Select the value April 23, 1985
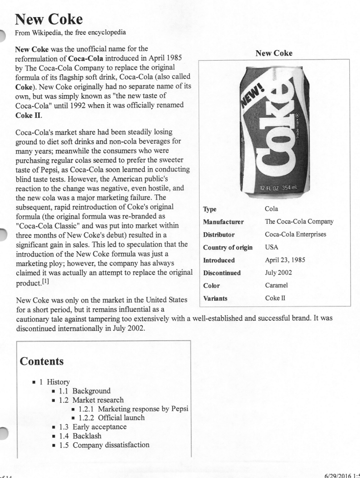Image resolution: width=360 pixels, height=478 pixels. [286, 260]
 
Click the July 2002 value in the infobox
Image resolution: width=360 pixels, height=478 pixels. [279, 273]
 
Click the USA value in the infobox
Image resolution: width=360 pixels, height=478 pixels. [271, 247]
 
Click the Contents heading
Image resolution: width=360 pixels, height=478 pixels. [42, 362]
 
